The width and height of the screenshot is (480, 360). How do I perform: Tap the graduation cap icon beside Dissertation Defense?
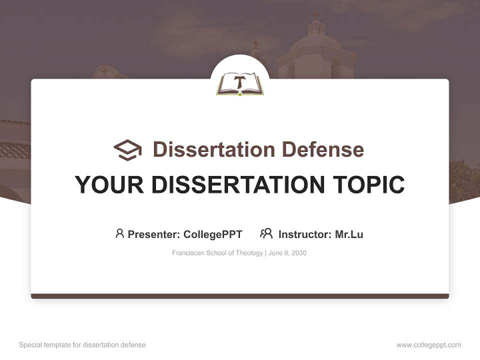pos(127,149)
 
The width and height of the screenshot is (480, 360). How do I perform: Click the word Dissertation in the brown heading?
pos(213,149)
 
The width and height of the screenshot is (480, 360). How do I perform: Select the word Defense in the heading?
pos(322,149)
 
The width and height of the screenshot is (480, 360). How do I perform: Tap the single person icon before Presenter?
pos(119,233)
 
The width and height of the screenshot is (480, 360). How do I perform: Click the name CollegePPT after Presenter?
pos(213,234)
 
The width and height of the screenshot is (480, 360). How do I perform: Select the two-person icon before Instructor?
pos(266,233)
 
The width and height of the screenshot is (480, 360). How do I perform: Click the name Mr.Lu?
pos(349,234)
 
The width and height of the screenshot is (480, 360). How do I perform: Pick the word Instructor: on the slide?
pos(305,234)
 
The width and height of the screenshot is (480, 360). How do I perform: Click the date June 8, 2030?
pos(287,253)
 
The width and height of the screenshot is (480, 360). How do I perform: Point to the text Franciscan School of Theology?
pos(217,253)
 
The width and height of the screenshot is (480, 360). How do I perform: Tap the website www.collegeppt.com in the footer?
pos(428,345)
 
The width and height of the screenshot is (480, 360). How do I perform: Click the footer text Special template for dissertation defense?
pos(82,345)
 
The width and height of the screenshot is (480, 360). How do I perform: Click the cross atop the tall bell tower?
pos(316,15)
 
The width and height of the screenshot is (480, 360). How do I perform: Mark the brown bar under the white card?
pos(240,296)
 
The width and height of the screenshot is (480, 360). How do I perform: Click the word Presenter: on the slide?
pos(154,234)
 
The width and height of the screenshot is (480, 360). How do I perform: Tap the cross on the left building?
pos(104,72)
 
